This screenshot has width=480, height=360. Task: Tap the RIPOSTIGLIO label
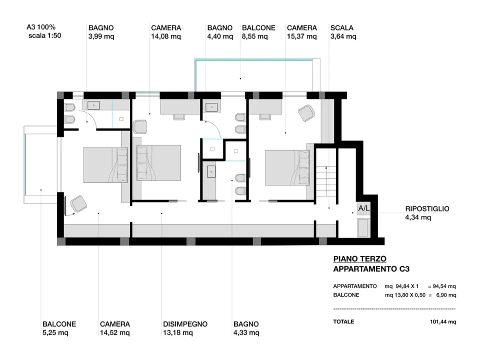click(427, 209)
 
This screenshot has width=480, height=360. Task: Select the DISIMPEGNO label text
click(185, 324)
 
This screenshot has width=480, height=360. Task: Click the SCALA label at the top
click(341, 28)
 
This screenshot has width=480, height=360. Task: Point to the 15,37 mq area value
click(301, 36)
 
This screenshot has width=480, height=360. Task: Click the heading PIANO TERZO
click(359, 258)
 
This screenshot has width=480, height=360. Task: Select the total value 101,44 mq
click(443, 321)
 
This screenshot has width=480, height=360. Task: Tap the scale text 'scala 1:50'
click(44, 35)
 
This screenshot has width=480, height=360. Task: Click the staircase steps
click(325, 182)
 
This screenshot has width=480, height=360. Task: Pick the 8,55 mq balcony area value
click(254, 36)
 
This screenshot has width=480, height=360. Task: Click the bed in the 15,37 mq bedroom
click(287, 168)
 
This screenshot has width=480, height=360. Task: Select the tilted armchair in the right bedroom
click(306, 113)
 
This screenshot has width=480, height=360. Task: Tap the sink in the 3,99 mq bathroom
click(93, 105)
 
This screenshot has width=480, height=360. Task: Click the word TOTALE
click(343, 321)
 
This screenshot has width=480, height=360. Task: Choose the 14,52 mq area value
click(115, 332)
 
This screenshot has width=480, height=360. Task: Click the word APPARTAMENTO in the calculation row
click(355, 286)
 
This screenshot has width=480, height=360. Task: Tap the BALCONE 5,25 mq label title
click(59, 324)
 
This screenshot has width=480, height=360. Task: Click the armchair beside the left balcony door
click(78, 204)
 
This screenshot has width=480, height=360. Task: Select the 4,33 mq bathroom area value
click(246, 332)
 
